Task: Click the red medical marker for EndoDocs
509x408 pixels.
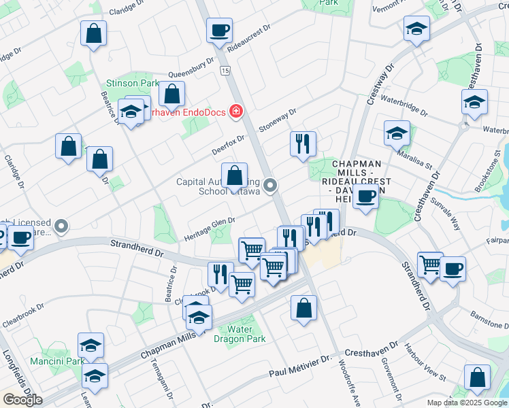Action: (x=236, y=111)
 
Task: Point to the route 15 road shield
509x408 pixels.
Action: (x=225, y=71)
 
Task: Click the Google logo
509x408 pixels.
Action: (x=22, y=400)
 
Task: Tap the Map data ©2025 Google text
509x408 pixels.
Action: (x=467, y=403)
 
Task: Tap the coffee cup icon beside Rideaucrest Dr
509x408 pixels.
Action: (x=220, y=31)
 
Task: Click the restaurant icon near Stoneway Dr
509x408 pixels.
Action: (x=302, y=144)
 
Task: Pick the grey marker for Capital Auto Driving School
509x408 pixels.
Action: (x=271, y=185)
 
